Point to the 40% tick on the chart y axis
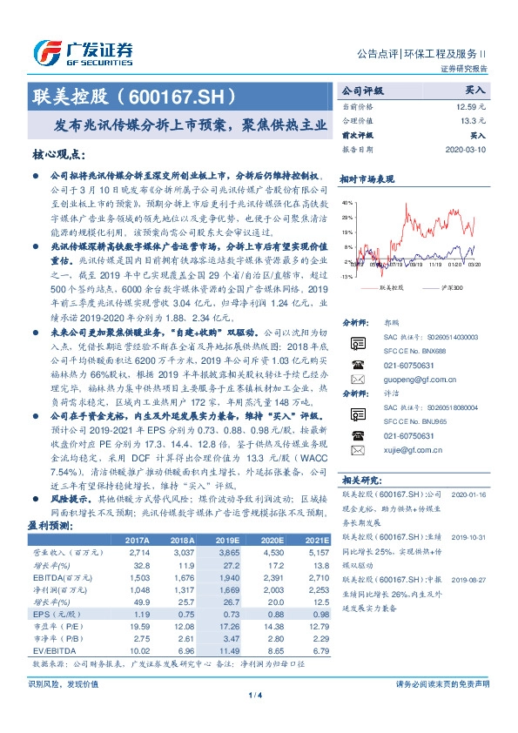tap(346, 204)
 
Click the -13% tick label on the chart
tap(346, 276)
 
